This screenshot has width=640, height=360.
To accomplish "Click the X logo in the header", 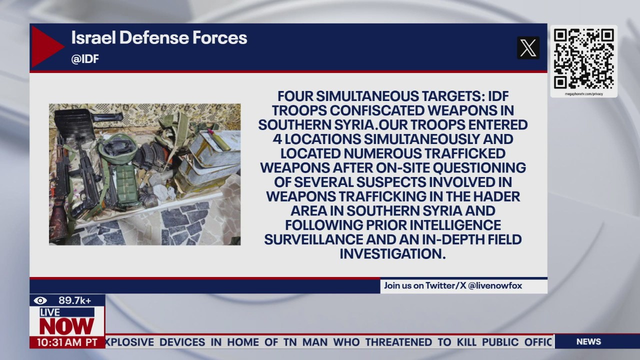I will click(528, 48).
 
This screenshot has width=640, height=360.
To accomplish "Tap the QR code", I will click(583, 58).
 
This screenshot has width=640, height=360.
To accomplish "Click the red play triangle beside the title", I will click(46, 46).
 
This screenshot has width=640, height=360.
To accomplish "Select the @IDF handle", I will click(85, 59).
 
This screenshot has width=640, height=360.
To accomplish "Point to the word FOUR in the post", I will click(296, 96).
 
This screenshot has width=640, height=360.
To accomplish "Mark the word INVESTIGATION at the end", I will click(392, 254).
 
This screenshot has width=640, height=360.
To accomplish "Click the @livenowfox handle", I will click(495, 285).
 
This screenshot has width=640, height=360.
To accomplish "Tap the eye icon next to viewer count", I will click(40, 300).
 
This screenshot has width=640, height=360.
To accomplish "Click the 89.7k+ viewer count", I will click(74, 300).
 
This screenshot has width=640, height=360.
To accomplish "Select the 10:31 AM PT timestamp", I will click(67, 342).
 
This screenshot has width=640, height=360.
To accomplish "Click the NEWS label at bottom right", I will click(588, 341).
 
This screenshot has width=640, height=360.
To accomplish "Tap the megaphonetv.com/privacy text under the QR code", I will click(583, 94).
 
